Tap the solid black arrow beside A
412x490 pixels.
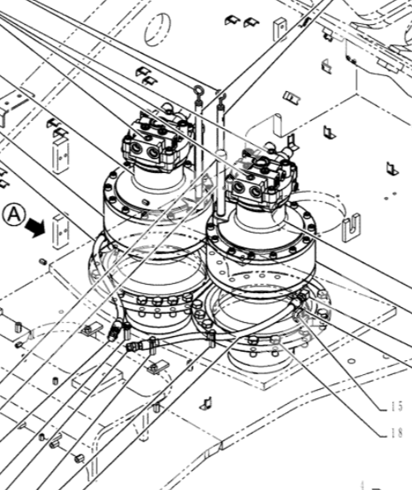coord(36,228)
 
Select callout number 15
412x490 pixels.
coord(396,406)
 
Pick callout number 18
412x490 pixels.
coord(396,433)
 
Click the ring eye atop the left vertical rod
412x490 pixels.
coord(199,90)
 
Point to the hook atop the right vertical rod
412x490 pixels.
coord(223,97)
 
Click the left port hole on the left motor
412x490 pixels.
coord(137,148)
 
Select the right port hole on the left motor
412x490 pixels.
coord(153,153)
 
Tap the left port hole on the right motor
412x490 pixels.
coord(240,186)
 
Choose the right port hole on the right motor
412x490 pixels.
coord(256,191)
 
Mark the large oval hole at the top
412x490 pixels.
coord(158,29)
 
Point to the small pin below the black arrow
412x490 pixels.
coord(43,261)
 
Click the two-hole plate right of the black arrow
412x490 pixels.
coord(60,232)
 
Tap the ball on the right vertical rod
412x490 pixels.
coord(221,154)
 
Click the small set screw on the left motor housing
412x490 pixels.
coord(146,202)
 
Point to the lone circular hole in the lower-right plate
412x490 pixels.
coord(351,362)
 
